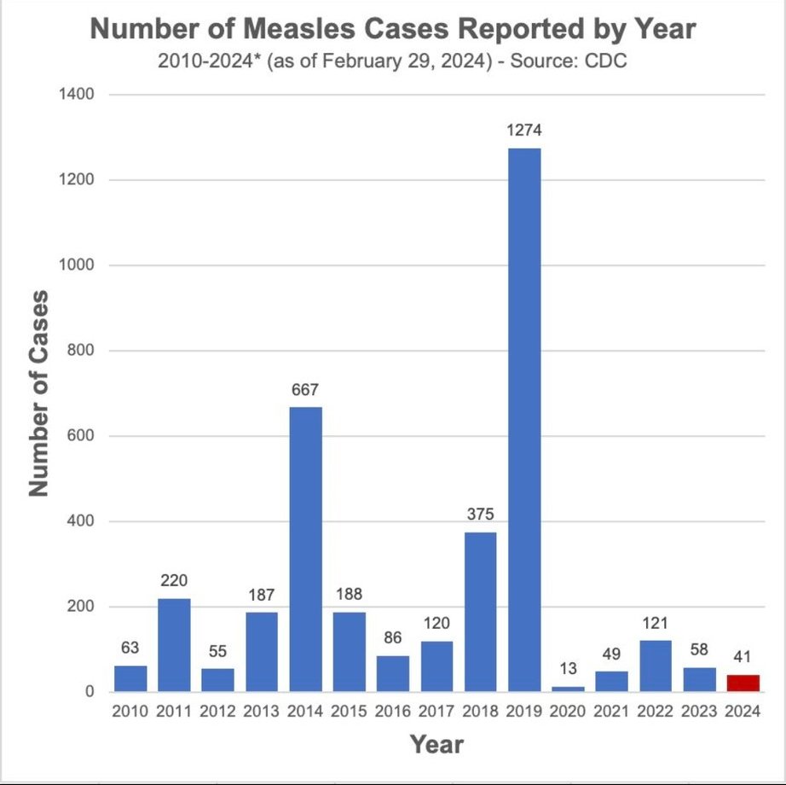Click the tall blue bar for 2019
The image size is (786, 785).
[523, 420]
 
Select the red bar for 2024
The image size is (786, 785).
[743, 683]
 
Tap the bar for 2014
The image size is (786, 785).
[306, 549]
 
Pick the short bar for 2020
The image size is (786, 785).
[568, 689]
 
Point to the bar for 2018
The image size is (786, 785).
[480, 612]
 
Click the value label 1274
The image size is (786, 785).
[523, 131]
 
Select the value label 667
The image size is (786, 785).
[306, 390]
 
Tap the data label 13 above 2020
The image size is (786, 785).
[568, 668]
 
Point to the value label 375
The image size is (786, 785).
[480, 515]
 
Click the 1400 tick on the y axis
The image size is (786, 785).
[77, 95]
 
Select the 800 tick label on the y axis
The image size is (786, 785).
[80, 351]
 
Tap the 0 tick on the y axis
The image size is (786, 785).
[89, 692]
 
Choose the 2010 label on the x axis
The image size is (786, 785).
[131, 712]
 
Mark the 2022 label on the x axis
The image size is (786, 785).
[655, 712]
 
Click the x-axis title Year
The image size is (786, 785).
[436, 745]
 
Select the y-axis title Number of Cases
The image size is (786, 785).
[38, 392]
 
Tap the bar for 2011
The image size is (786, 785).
[175, 645]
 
